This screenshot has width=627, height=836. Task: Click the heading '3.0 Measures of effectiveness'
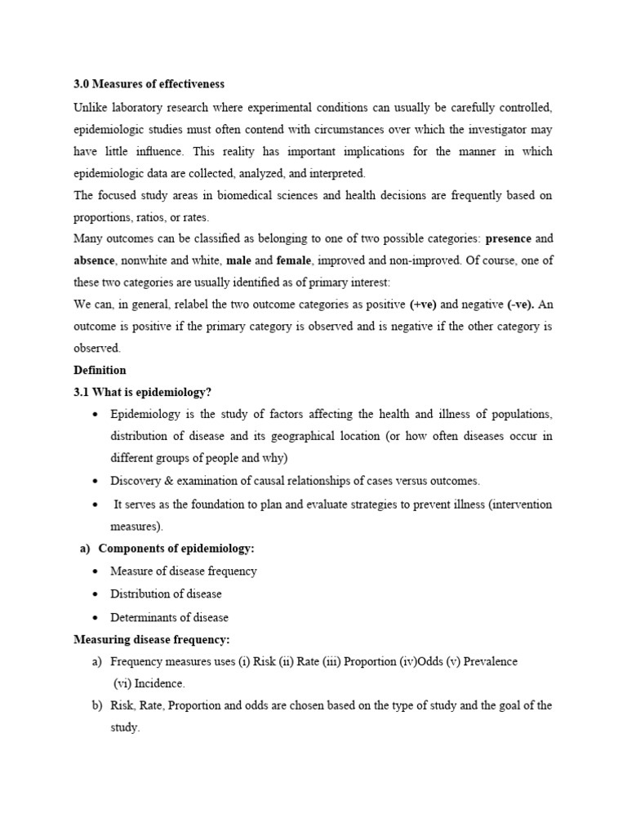(149, 84)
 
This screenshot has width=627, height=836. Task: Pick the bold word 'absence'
(96, 261)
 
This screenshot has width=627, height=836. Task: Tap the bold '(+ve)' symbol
(423, 305)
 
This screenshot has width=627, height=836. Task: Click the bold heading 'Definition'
(100, 370)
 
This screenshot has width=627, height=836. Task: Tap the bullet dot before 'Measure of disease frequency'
(96, 571)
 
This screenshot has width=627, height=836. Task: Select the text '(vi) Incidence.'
(149, 683)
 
